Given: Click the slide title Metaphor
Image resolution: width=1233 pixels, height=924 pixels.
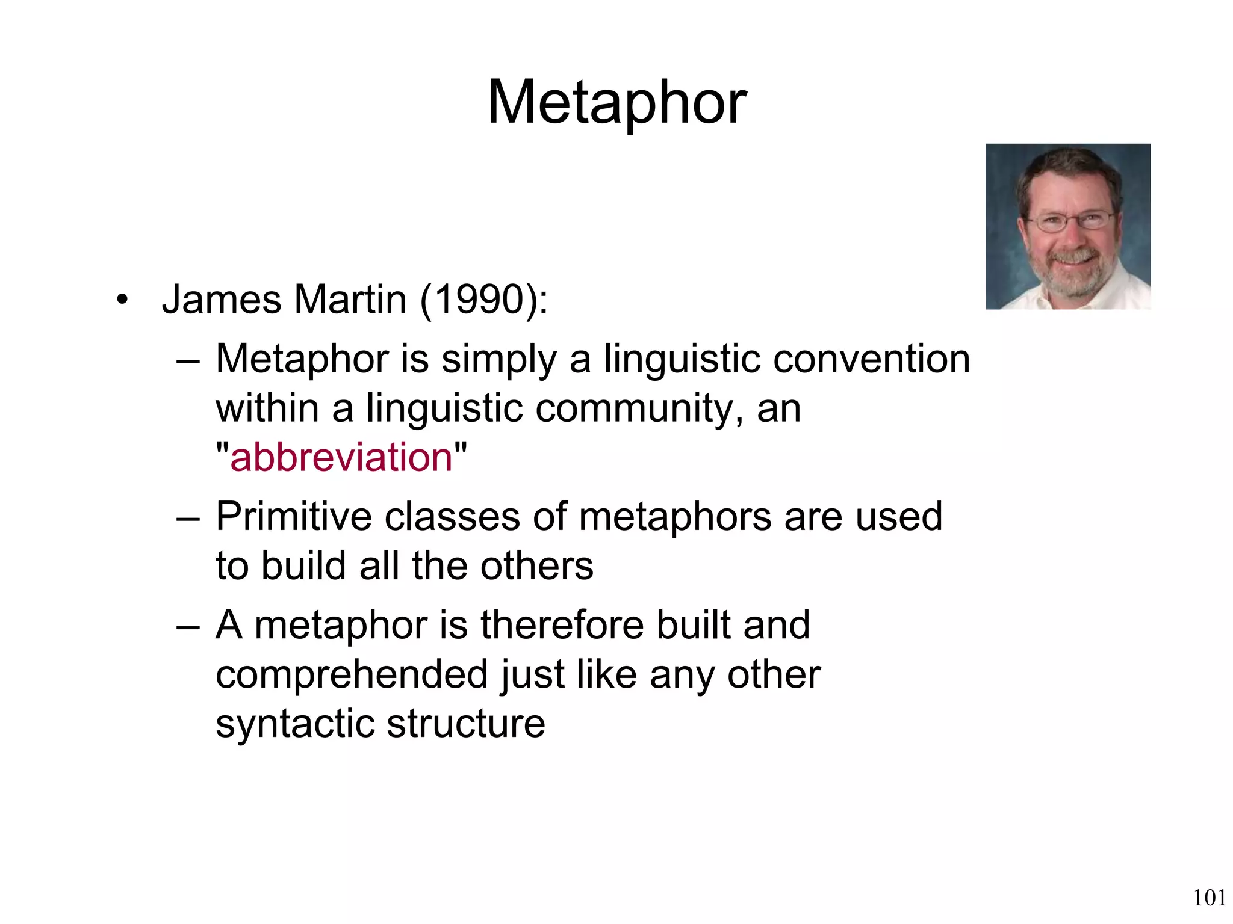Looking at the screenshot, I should [616, 103].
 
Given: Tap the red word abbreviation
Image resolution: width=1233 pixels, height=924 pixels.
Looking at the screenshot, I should [341, 457].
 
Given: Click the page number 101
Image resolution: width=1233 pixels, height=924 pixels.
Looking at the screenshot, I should [1210, 898].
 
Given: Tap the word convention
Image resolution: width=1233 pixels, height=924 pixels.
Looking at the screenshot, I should [871, 359].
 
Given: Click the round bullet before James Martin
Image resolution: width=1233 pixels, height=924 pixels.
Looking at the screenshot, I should [123, 300].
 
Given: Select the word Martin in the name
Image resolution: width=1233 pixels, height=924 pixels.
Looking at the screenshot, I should [350, 300].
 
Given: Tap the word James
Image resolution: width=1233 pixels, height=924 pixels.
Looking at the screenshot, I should [222, 300].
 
